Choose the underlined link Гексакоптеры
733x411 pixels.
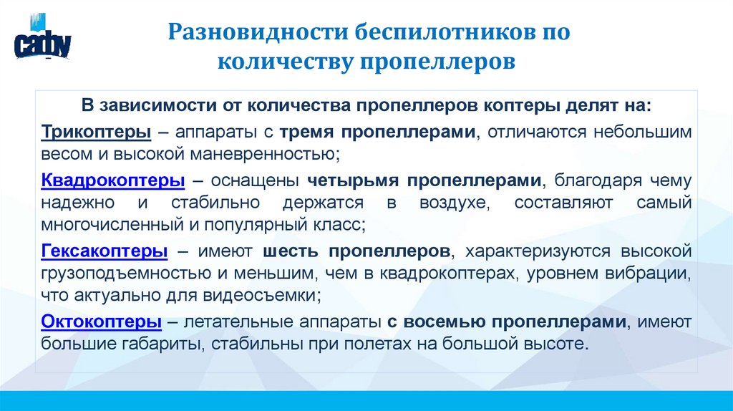105,251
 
